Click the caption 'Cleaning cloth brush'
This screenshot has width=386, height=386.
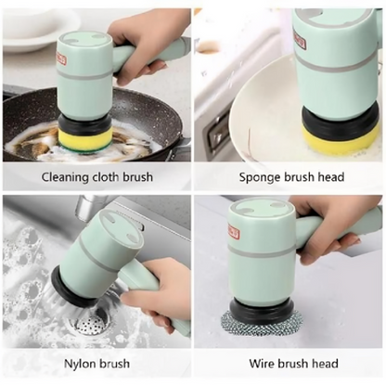tap(96, 176)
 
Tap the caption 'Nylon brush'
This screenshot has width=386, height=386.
tap(96, 363)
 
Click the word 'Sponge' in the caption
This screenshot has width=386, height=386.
tap(262, 176)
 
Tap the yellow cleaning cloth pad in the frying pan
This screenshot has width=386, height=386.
tap(85, 139)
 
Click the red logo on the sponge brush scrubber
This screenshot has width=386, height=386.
tap(300, 40)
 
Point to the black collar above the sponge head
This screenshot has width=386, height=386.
tap(341, 121)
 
